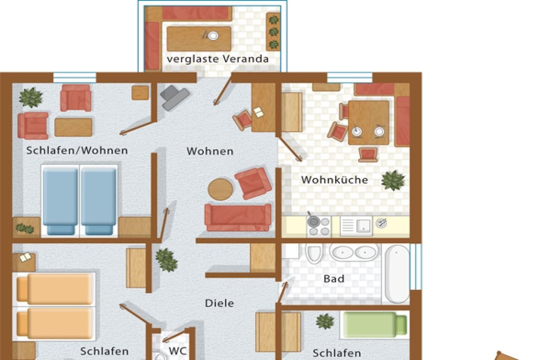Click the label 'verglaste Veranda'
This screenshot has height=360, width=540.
click(x=218, y=59)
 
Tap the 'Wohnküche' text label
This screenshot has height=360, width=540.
click(x=334, y=180)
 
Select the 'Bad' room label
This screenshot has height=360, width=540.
click(x=334, y=278)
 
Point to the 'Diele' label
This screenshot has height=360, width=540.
click(x=219, y=303)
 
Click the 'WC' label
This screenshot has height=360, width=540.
click(x=178, y=351)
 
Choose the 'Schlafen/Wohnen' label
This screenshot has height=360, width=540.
click(x=77, y=150)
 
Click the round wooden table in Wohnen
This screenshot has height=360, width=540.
click(x=220, y=189)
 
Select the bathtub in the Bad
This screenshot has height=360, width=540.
click(x=397, y=274)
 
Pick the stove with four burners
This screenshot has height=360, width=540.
click(x=319, y=226)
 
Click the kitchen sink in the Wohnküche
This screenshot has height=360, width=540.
click(x=356, y=226)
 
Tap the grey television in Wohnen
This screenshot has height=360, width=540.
click(x=174, y=98)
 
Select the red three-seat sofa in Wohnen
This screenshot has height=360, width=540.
click(x=238, y=217)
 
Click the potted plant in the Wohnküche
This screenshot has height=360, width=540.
click(x=393, y=180)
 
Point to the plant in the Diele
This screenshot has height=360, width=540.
click(x=166, y=260)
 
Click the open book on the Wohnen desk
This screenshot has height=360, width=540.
click(x=258, y=112)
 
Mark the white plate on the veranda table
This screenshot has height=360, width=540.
click(x=213, y=35)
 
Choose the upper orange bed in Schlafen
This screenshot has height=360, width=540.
click(x=55, y=289)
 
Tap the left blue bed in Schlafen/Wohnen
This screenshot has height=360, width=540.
click(x=61, y=200)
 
